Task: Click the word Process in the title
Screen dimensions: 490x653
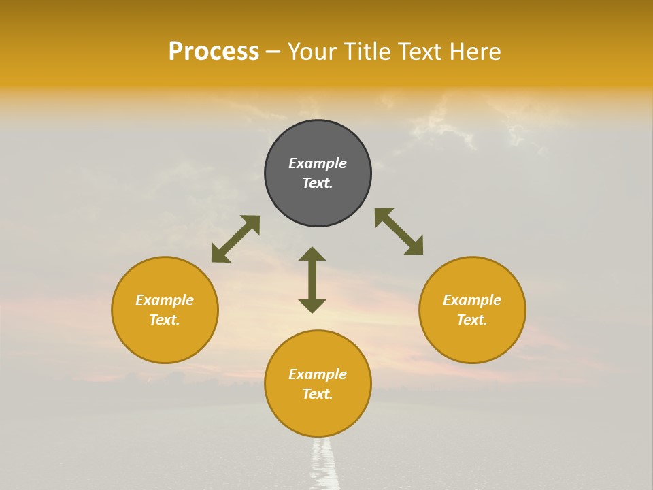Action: coord(214,52)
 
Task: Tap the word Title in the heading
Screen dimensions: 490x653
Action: coord(366,52)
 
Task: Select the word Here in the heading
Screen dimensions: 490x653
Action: coord(475,52)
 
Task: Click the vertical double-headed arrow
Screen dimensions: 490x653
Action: coord(312,280)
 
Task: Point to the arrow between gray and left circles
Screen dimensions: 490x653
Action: coord(235,238)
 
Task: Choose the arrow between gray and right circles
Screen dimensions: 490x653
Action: coord(399,231)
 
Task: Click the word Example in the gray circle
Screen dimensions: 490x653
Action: coord(318,163)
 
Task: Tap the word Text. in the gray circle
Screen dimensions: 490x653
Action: coord(318,183)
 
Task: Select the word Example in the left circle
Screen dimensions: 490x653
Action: coord(165,300)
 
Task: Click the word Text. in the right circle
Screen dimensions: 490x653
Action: coord(472,320)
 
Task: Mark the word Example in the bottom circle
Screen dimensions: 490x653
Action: coord(318,374)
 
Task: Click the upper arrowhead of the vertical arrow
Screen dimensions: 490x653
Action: coord(312,254)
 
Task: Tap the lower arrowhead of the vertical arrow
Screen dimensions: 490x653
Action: coord(312,306)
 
